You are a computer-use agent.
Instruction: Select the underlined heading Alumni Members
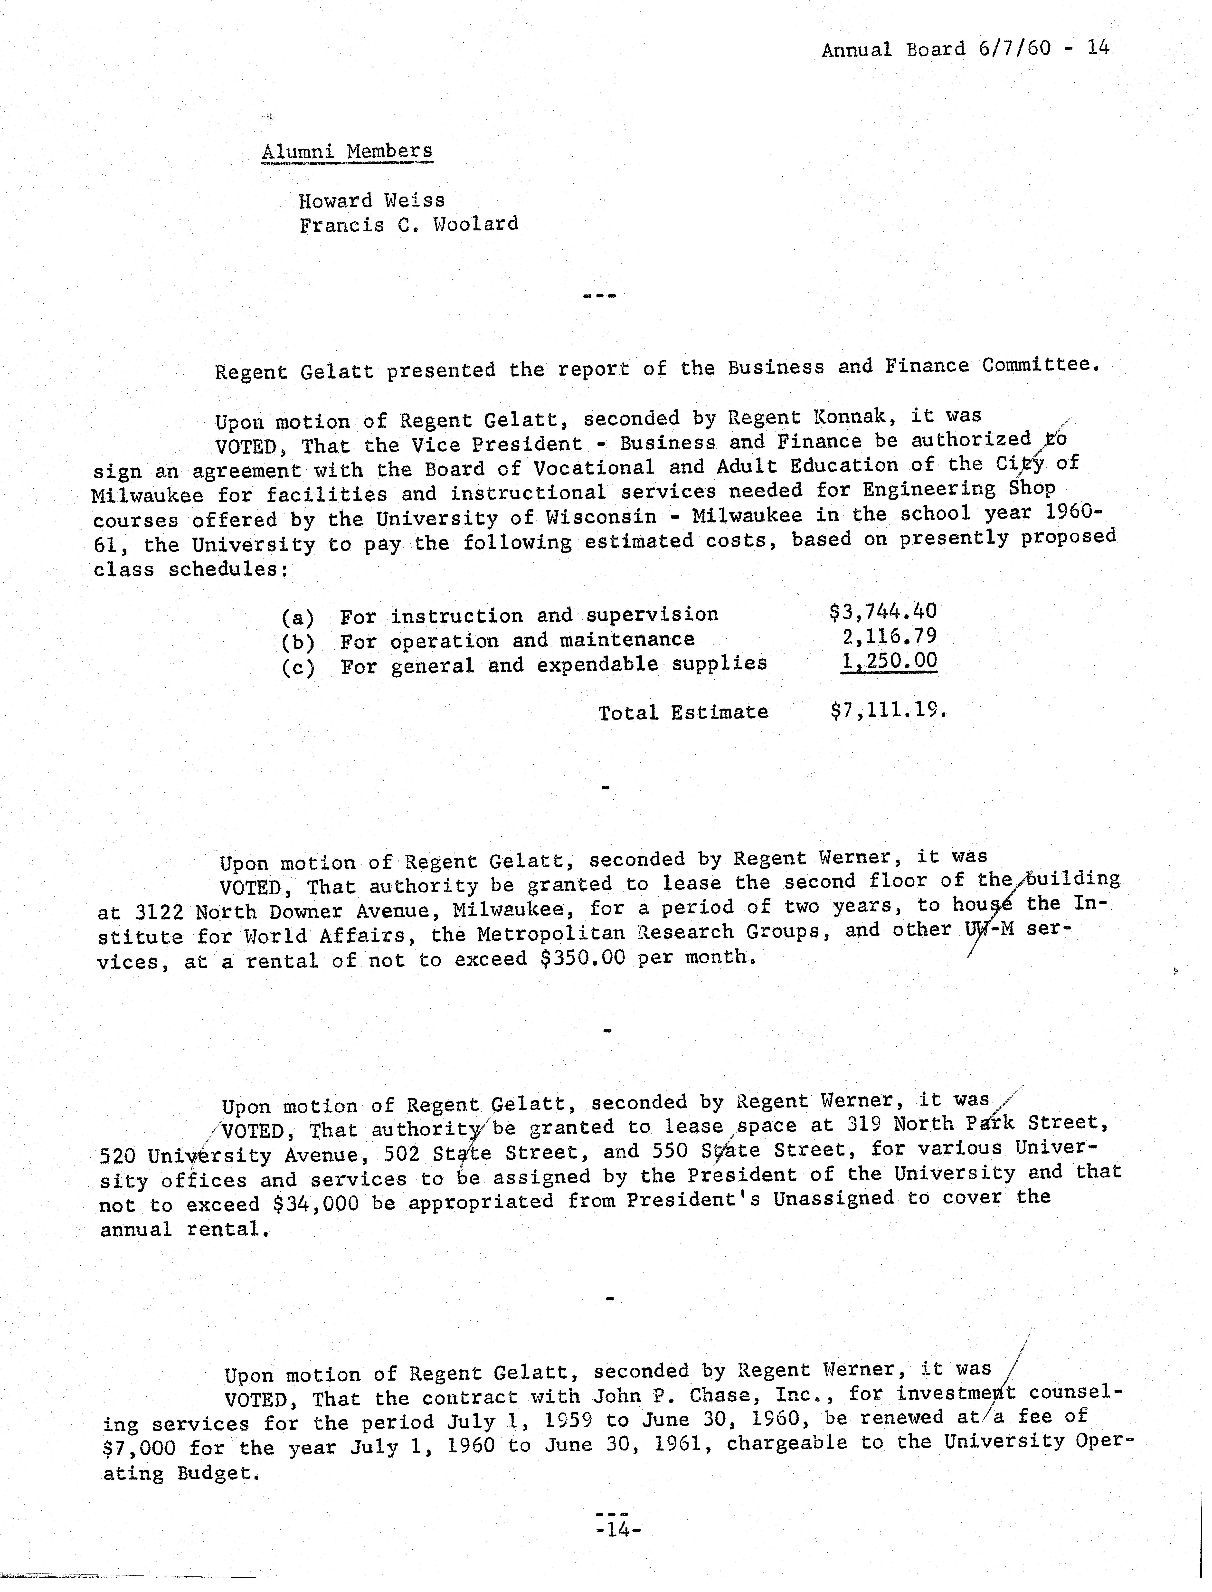[347, 152]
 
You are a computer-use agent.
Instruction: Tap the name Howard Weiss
[371, 200]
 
